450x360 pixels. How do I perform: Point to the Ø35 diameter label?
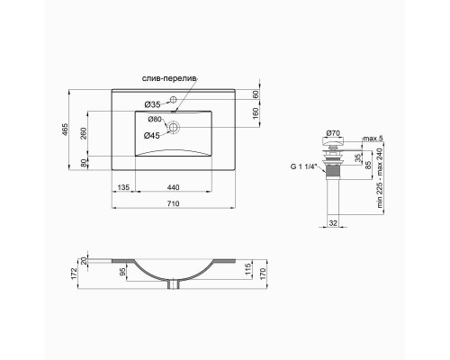click(154, 103)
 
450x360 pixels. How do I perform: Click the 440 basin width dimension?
click(173, 187)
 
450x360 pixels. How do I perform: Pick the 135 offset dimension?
click(125, 187)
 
